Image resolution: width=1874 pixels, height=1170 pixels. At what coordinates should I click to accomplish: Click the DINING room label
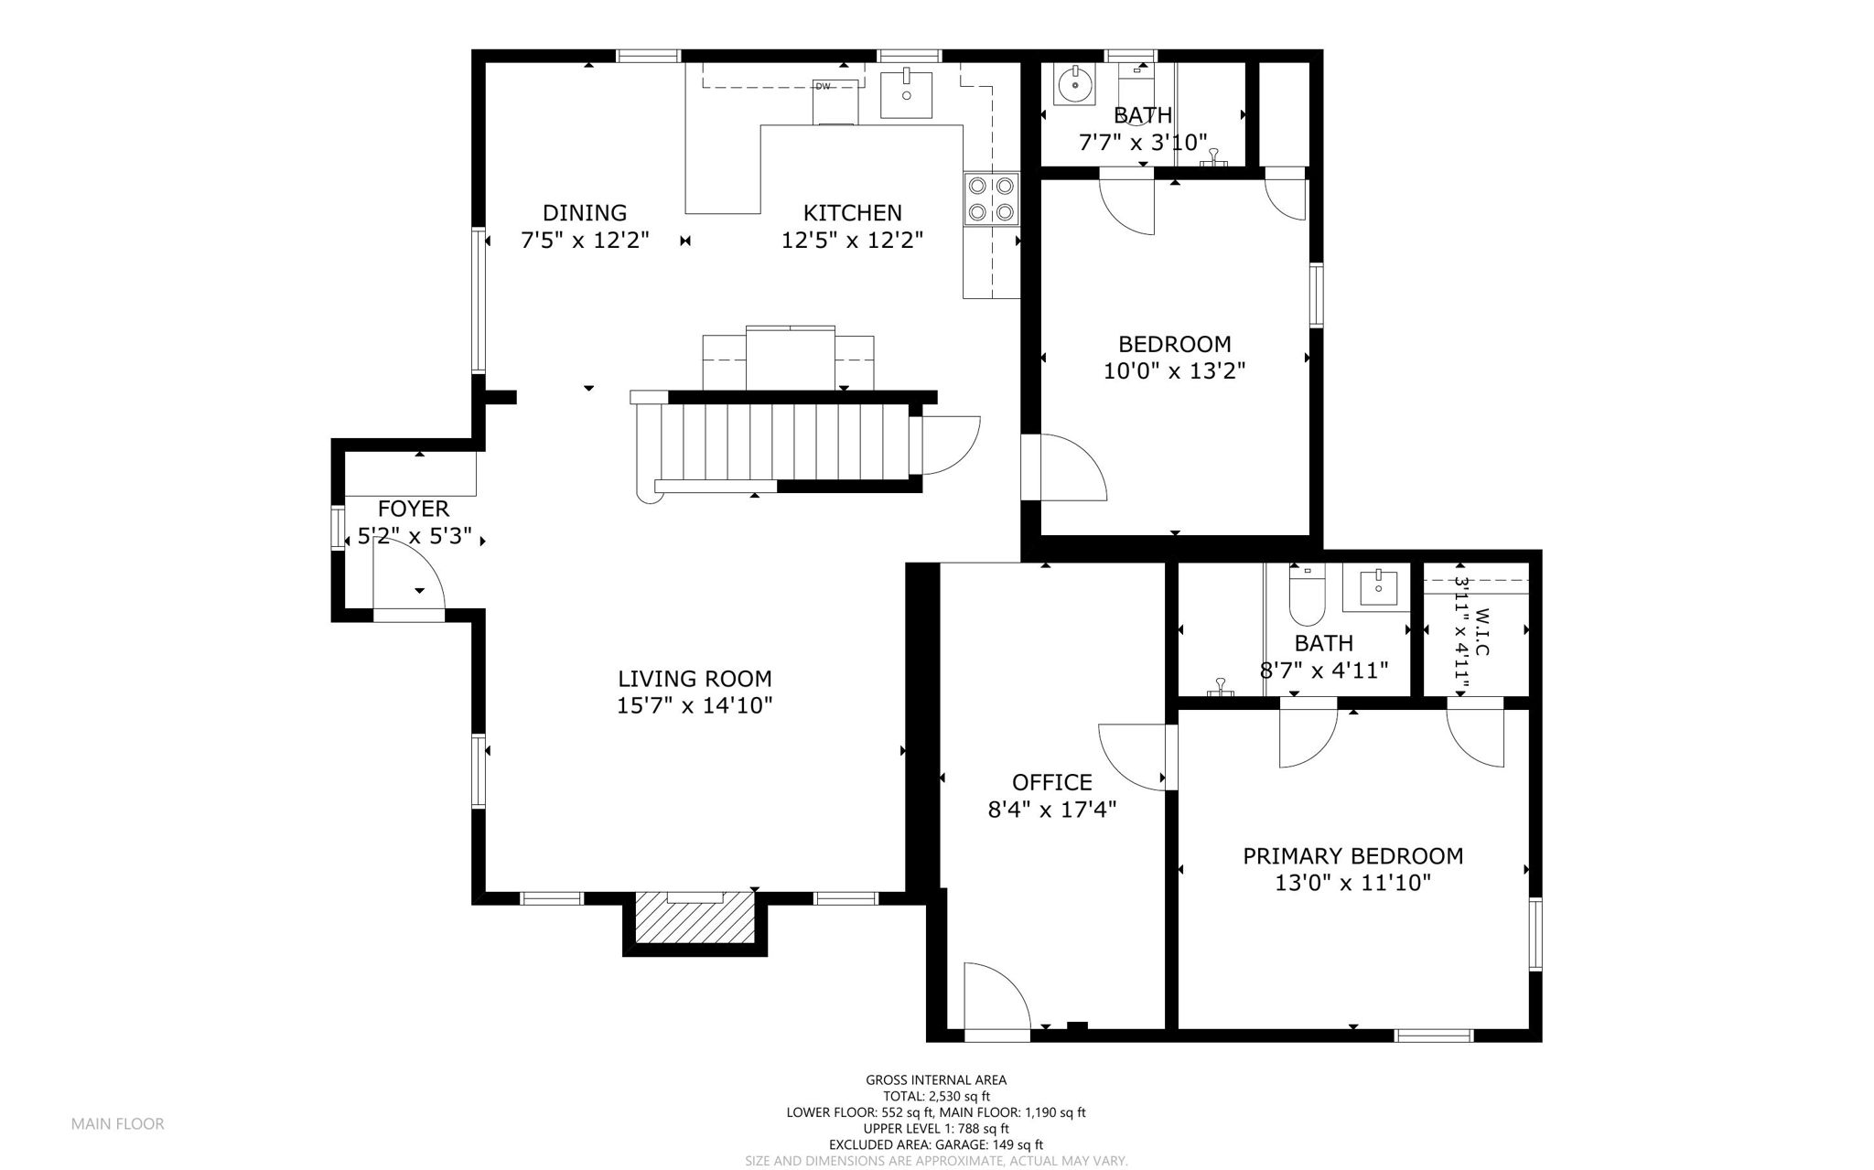(585, 213)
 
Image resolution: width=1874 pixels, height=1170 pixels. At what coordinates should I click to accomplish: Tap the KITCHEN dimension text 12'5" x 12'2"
(852, 241)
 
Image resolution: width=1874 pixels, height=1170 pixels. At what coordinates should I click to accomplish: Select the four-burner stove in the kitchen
(992, 199)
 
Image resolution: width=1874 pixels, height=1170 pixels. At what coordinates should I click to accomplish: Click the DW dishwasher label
(823, 87)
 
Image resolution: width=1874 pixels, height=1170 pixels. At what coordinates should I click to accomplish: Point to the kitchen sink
(906, 95)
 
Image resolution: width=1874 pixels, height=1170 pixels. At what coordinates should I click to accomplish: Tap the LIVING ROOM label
(695, 679)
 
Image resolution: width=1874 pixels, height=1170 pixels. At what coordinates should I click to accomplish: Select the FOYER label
(414, 509)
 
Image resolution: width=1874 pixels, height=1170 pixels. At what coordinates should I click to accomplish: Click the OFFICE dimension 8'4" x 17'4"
(1052, 810)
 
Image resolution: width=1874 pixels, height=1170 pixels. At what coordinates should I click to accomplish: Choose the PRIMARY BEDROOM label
(1352, 856)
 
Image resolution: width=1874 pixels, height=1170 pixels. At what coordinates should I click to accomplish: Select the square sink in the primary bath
(1377, 587)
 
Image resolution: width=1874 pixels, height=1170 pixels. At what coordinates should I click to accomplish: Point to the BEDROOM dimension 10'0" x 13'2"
(1175, 371)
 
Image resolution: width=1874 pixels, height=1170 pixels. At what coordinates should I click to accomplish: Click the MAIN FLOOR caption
(118, 1124)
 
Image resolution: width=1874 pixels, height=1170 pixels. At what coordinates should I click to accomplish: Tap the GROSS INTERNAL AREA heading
(936, 1080)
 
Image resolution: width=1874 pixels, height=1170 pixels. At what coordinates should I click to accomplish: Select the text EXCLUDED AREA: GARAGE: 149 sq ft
(936, 1144)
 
